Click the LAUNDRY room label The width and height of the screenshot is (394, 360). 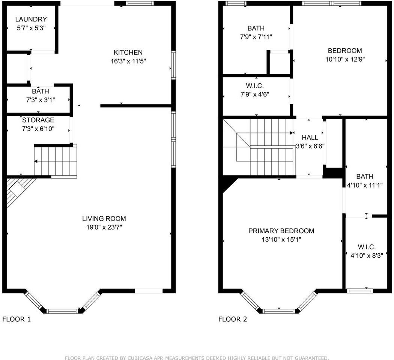pyautogui.click(x=31, y=19)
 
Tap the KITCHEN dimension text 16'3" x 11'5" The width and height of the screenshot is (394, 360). pyautogui.click(x=128, y=61)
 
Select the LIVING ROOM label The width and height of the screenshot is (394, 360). pyautogui.click(x=104, y=219)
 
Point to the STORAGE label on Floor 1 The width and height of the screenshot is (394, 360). pyautogui.click(x=38, y=120)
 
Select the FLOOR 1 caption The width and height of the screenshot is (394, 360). pyautogui.click(x=17, y=319)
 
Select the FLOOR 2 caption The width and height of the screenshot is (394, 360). pyautogui.click(x=233, y=319)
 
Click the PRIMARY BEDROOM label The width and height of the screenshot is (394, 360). pyautogui.click(x=281, y=231)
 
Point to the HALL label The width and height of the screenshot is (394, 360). pyautogui.click(x=310, y=138)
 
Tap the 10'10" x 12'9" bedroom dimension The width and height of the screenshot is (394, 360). pyautogui.click(x=345, y=59)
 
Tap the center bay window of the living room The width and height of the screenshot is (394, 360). pyautogui.click(x=63, y=310)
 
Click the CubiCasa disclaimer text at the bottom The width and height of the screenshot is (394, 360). pyautogui.click(x=197, y=358)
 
